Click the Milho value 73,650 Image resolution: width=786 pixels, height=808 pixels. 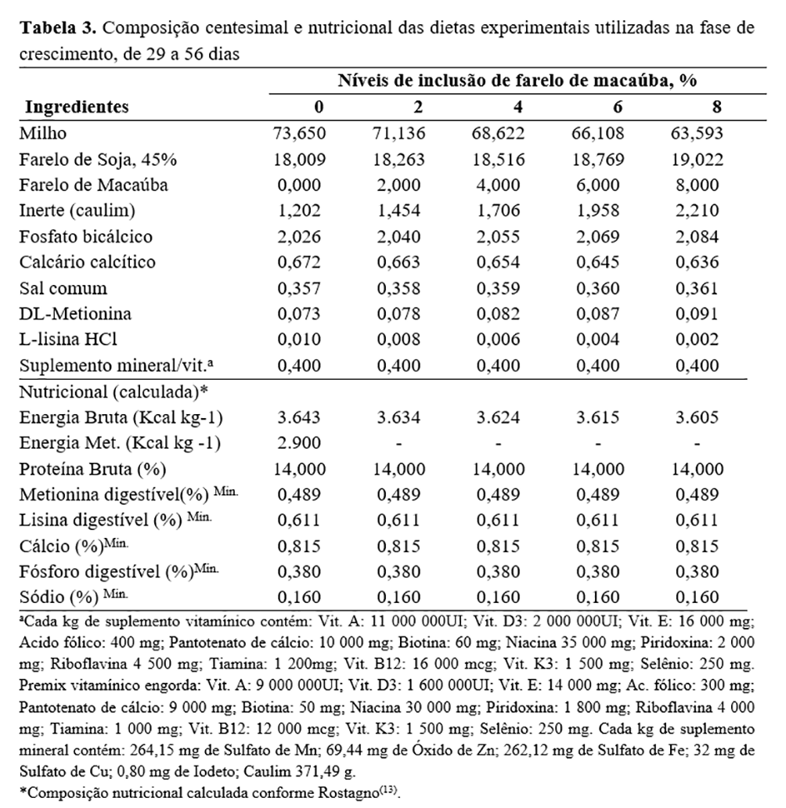[298, 133]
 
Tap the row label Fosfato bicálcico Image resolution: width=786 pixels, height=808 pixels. [86, 236]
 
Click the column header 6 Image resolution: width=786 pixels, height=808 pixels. [598, 107]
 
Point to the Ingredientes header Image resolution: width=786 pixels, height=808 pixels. [78, 107]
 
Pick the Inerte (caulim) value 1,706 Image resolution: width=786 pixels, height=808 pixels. [497, 211]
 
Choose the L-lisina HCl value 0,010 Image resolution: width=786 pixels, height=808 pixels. [298, 339]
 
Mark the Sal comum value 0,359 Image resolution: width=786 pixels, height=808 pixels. [497, 287]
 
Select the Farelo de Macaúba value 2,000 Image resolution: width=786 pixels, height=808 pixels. [398, 186]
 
